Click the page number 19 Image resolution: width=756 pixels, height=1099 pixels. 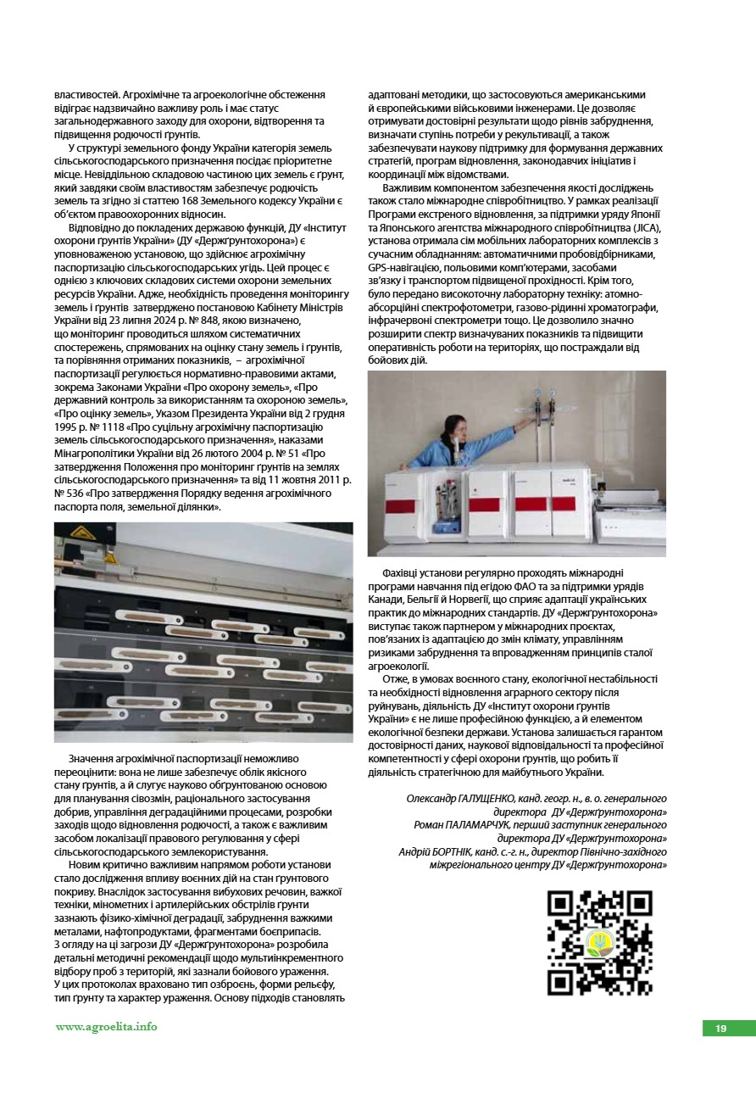pyautogui.click(x=720, y=1029)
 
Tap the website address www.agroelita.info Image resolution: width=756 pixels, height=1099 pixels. pyautogui.click(x=107, y=1027)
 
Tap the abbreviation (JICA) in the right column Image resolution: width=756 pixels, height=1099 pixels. pyautogui.click(x=646, y=228)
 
